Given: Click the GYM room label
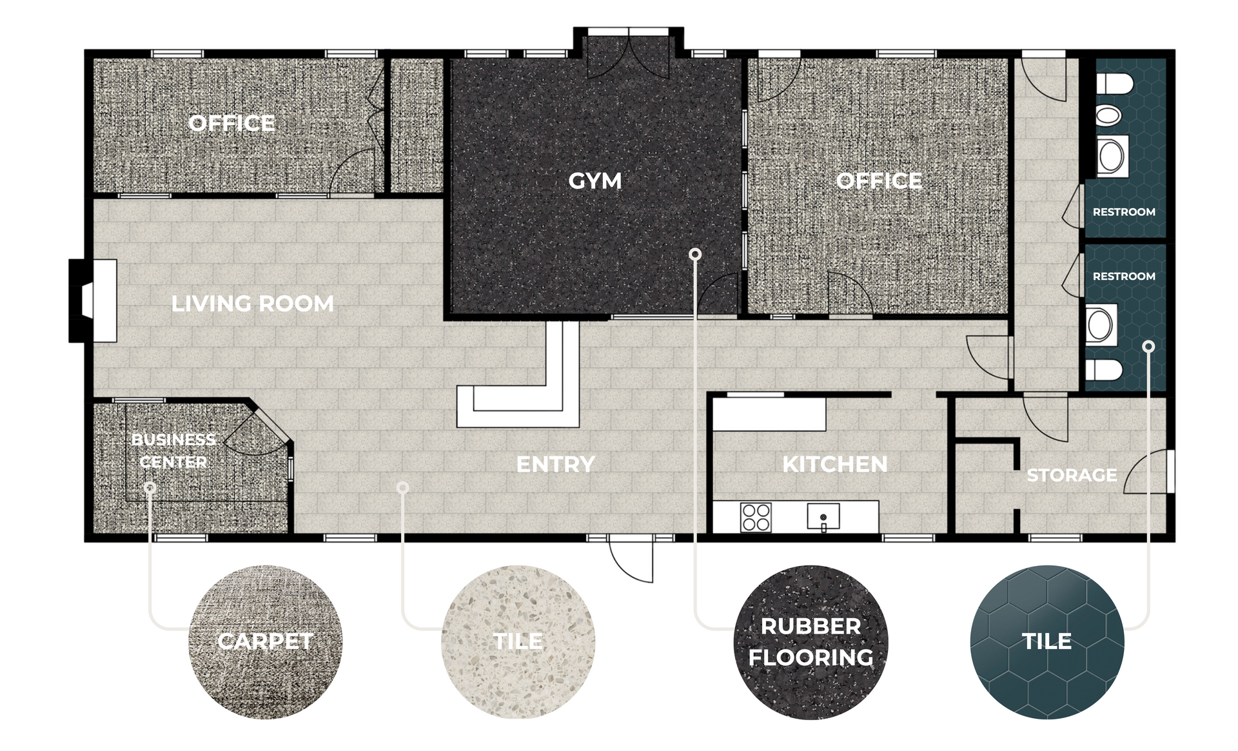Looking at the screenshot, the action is tap(594, 181).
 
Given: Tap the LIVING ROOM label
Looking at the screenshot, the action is tap(253, 304).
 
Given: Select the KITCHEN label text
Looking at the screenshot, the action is tap(835, 464).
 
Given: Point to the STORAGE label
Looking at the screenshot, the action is tap(1072, 475).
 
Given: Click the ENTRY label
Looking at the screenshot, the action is tap(555, 464).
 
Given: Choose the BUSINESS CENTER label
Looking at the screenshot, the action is tap(173, 451).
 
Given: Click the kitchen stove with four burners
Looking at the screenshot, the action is tap(756, 517).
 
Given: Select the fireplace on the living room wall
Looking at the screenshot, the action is tap(93, 300).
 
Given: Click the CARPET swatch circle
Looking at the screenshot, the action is tap(265, 642).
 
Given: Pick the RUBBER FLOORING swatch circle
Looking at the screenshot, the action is tap(811, 642).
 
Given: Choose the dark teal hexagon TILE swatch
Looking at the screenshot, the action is tap(1047, 642).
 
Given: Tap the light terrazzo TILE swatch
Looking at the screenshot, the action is tap(518, 642).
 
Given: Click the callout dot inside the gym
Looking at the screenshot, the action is tap(695, 255).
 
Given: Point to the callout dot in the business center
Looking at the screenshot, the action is tap(150, 487).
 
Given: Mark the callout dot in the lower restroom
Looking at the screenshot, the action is tap(1148, 346).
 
